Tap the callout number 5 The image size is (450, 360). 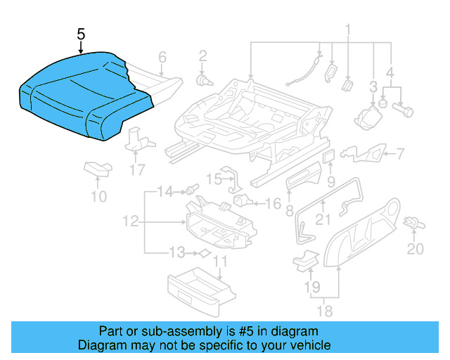(x=81, y=34)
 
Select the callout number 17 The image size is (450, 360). (x=138, y=169)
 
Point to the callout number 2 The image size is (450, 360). (x=202, y=56)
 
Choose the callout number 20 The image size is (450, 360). (x=416, y=249)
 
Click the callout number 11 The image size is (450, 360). (x=220, y=264)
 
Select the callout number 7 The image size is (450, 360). (x=400, y=153)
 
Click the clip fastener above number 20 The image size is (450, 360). (x=415, y=223)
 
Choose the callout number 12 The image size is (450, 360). (x=129, y=222)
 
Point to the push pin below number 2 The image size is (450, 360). (x=203, y=80)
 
